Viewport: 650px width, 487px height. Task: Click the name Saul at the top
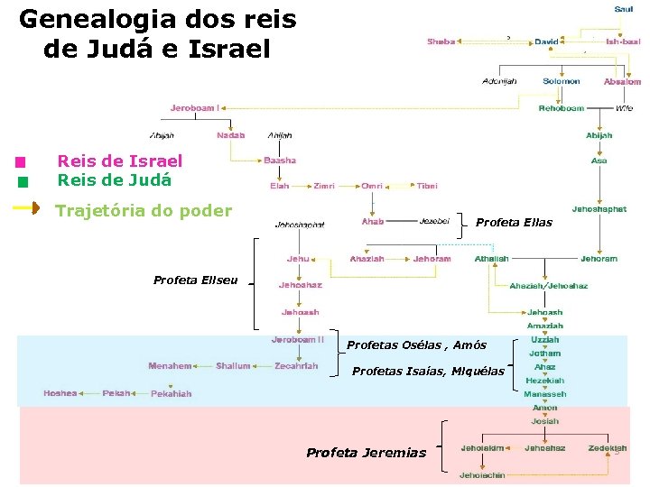(x=623, y=9)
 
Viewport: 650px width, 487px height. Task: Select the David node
(x=546, y=41)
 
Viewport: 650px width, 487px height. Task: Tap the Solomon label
(x=561, y=81)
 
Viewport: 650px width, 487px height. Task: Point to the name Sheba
(x=441, y=41)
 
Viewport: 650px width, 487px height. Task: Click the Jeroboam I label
(x=194, y=108)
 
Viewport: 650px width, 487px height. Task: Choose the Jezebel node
(x=434, y=221)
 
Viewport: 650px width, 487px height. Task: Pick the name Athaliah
(x=492, y=259)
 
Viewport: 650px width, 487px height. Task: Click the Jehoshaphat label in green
(x=599, y=208)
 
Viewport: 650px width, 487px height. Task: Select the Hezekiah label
(x=545, y=381)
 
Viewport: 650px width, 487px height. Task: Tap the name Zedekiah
(x=607, y=448)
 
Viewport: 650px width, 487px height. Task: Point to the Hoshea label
(x=60, y=393)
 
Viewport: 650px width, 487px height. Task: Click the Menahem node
(x=170, y=366)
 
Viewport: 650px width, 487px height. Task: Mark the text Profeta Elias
(x=514, y=223)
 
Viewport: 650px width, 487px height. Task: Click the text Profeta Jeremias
(x=366, y=453)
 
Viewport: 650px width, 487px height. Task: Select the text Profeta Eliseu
(x=195, y=280)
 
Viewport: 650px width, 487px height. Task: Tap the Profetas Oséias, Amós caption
(x=416, y=345)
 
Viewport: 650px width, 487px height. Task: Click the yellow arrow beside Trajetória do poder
(x=25, y=210)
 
